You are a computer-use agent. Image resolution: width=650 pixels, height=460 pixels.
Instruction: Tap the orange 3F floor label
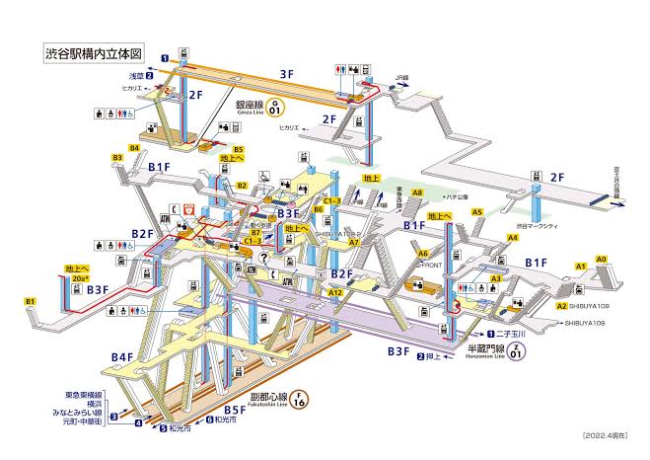(286, 73)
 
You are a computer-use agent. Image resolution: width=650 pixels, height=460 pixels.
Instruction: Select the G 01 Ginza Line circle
(276, 105)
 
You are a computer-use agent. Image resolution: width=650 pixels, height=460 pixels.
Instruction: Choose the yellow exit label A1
(580, 267)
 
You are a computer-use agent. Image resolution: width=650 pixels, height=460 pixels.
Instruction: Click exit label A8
(417, 193)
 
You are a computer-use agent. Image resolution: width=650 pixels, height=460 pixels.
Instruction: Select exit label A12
(335, 293)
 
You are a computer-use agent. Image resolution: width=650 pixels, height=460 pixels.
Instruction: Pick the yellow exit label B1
(31, 301)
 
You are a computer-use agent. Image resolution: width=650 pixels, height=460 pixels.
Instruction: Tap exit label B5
(238, 149)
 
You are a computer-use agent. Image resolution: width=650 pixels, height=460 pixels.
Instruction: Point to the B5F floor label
(234, 409)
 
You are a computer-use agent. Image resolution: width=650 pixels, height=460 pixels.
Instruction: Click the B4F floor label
(122, 356)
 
